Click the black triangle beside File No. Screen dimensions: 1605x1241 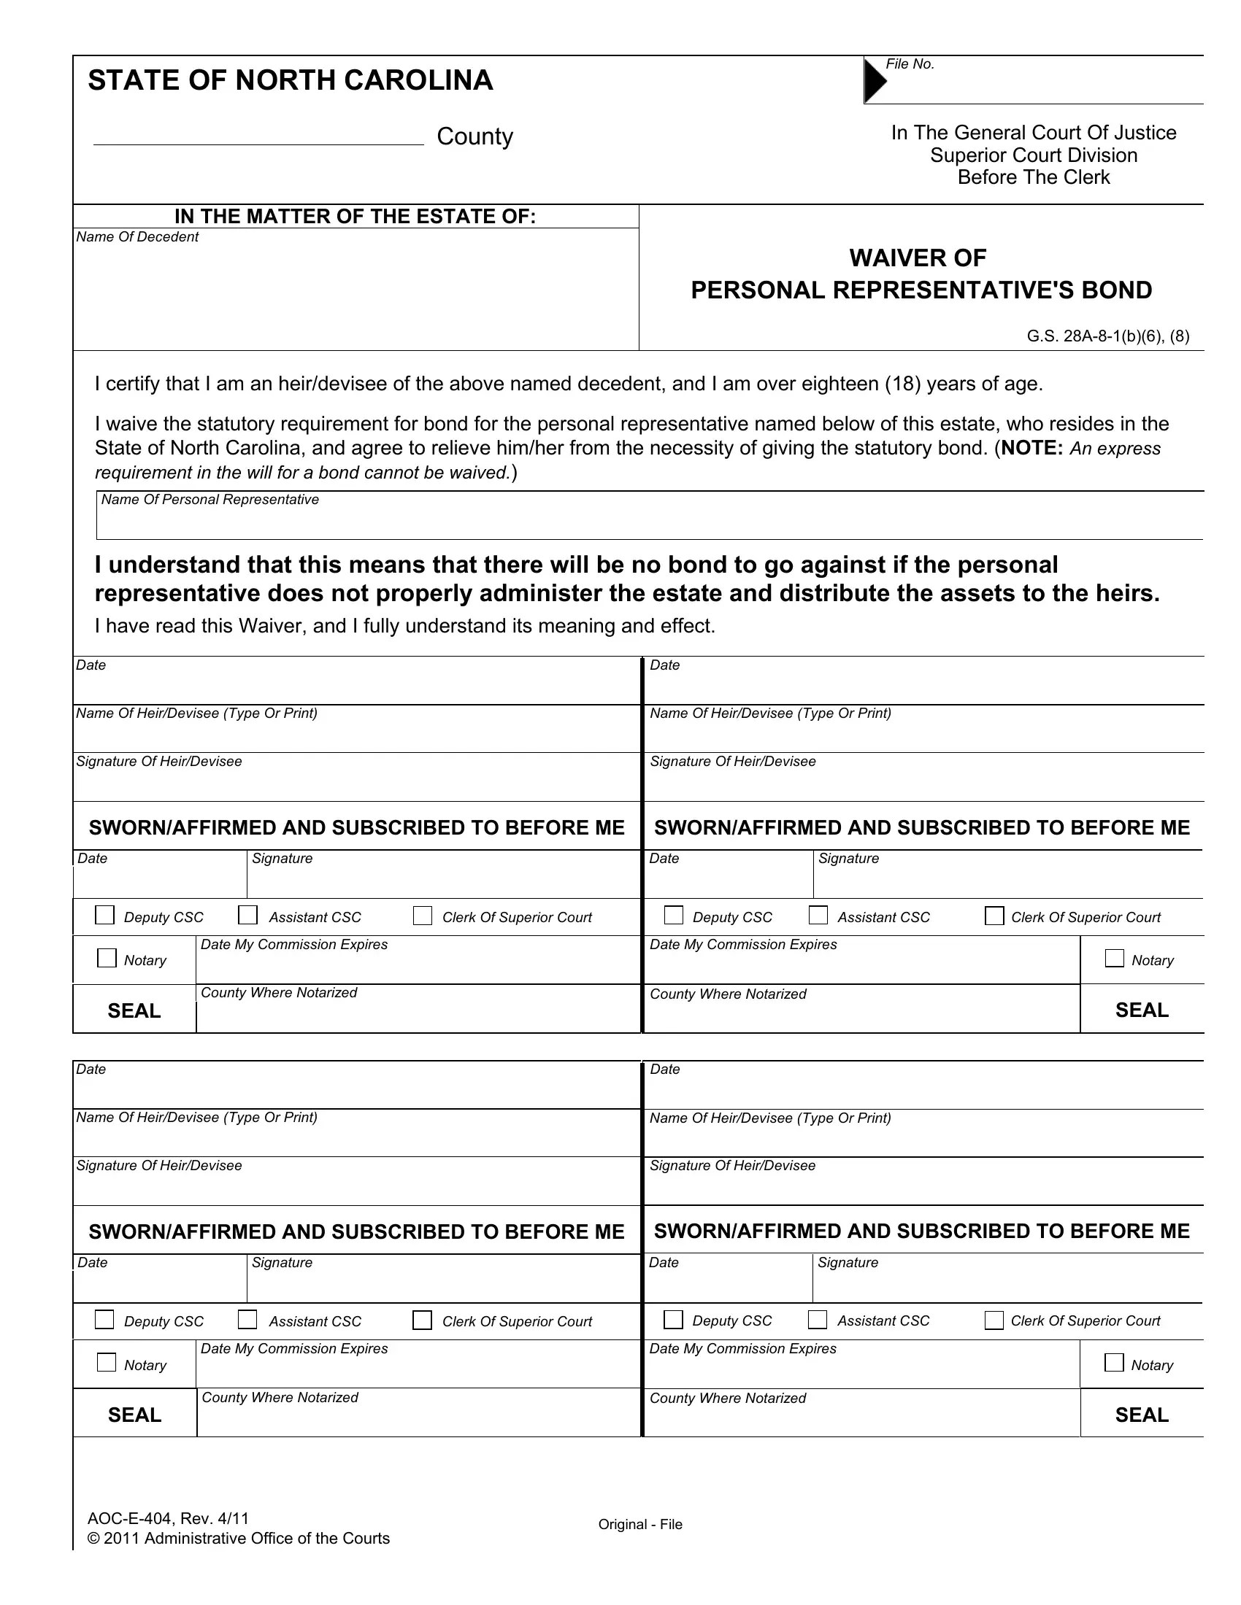tap(875, 80)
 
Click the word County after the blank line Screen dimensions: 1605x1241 tap(474, 136)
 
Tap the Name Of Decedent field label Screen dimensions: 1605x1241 tap(137, 237)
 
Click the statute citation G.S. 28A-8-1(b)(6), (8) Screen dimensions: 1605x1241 tap(1107, 336)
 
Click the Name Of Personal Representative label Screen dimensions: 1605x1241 tap(210, 500)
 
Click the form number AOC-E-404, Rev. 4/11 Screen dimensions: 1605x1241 tap(169, 1518)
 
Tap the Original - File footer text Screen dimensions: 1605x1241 tap(639, 1524)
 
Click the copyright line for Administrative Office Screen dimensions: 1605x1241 tap(238, 1538)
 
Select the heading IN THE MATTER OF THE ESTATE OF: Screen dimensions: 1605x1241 tap(355, 217)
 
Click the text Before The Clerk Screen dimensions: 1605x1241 tap(1033, 178)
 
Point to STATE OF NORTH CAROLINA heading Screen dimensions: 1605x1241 tap(291, 80)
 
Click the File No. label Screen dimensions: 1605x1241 tap(910, 65)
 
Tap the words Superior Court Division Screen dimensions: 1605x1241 tap(1033, 156)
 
